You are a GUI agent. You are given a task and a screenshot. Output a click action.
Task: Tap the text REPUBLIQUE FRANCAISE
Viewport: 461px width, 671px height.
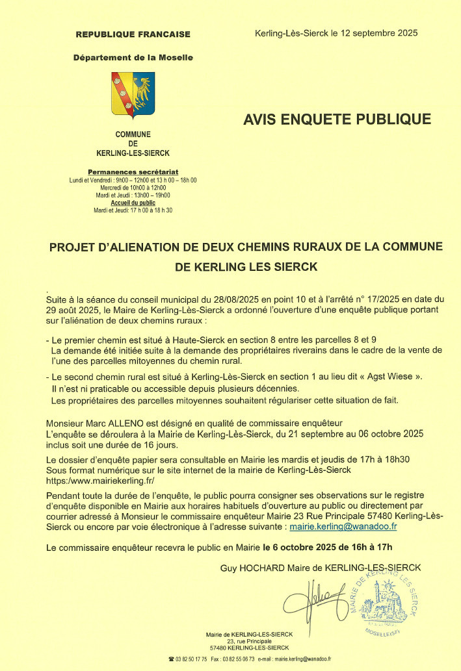[133, 34]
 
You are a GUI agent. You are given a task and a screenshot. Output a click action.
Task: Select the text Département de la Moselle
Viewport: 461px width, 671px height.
[133, 57]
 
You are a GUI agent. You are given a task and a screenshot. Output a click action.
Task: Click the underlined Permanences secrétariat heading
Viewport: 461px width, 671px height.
[133, 171]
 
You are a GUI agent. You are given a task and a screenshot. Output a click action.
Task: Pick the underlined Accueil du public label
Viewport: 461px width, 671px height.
[133, 203]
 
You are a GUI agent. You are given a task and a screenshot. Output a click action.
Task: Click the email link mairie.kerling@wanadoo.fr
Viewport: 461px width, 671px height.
[343, 527]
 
